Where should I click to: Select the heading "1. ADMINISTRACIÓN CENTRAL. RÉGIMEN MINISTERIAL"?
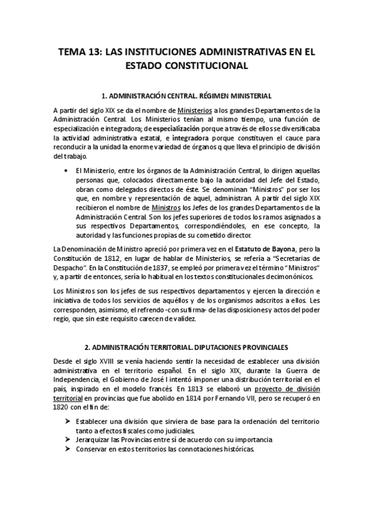tap(186, 96)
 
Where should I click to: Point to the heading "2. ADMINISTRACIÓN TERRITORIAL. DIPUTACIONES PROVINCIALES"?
tap(186, 346)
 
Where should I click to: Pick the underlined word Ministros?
tap(168, 207)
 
